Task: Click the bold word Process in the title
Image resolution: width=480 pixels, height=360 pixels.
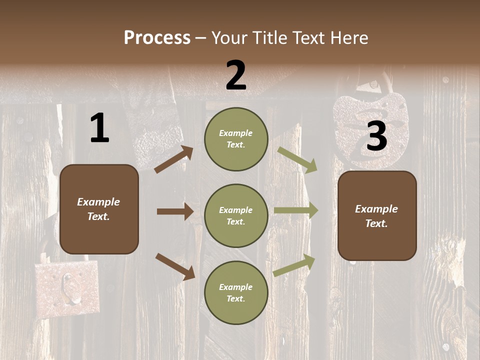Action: pos(157,38)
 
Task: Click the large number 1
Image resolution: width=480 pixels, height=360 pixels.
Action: pos(99,128)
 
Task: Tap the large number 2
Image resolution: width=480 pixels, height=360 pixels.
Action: pos(235,75)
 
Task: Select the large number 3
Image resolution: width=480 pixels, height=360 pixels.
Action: pos(376,136)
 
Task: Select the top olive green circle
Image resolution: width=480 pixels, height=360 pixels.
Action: pos(236,138)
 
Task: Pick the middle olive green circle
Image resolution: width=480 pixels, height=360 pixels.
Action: pos(236,215)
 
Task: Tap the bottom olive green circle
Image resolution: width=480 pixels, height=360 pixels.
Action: pos(236,292)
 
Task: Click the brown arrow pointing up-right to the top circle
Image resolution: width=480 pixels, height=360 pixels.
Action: pos(174,159)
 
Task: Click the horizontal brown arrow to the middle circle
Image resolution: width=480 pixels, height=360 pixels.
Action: pos(175,211)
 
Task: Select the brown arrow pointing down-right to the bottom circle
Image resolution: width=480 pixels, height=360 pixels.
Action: pos(175,266)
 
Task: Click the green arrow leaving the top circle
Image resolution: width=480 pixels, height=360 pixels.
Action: pos(297,160)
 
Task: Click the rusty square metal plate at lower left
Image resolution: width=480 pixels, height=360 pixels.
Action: pos(67,288)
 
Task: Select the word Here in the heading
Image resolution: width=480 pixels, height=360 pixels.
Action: pos(348,38)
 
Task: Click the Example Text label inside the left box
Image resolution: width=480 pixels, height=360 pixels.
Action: pos(98,209)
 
